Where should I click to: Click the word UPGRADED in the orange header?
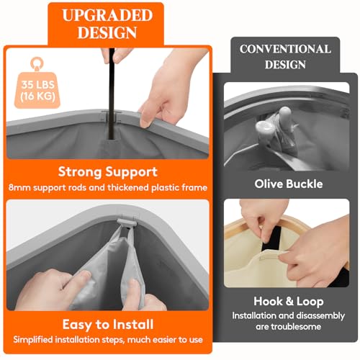point(107,15)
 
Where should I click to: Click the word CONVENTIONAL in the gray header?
point(285,49)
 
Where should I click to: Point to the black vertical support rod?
point(112,94)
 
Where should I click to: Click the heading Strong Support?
point(108,172)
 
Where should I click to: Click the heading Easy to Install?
point(108,325)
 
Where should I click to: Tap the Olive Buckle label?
point(289,184)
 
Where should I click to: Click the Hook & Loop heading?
point(289,302)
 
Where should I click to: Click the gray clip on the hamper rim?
point(127,222)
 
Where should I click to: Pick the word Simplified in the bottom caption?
point(33,340)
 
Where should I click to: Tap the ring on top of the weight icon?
point(37,63)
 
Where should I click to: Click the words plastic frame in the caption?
point(179,188)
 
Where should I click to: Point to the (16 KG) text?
point(37,96)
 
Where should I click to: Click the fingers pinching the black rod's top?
point(117,55)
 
